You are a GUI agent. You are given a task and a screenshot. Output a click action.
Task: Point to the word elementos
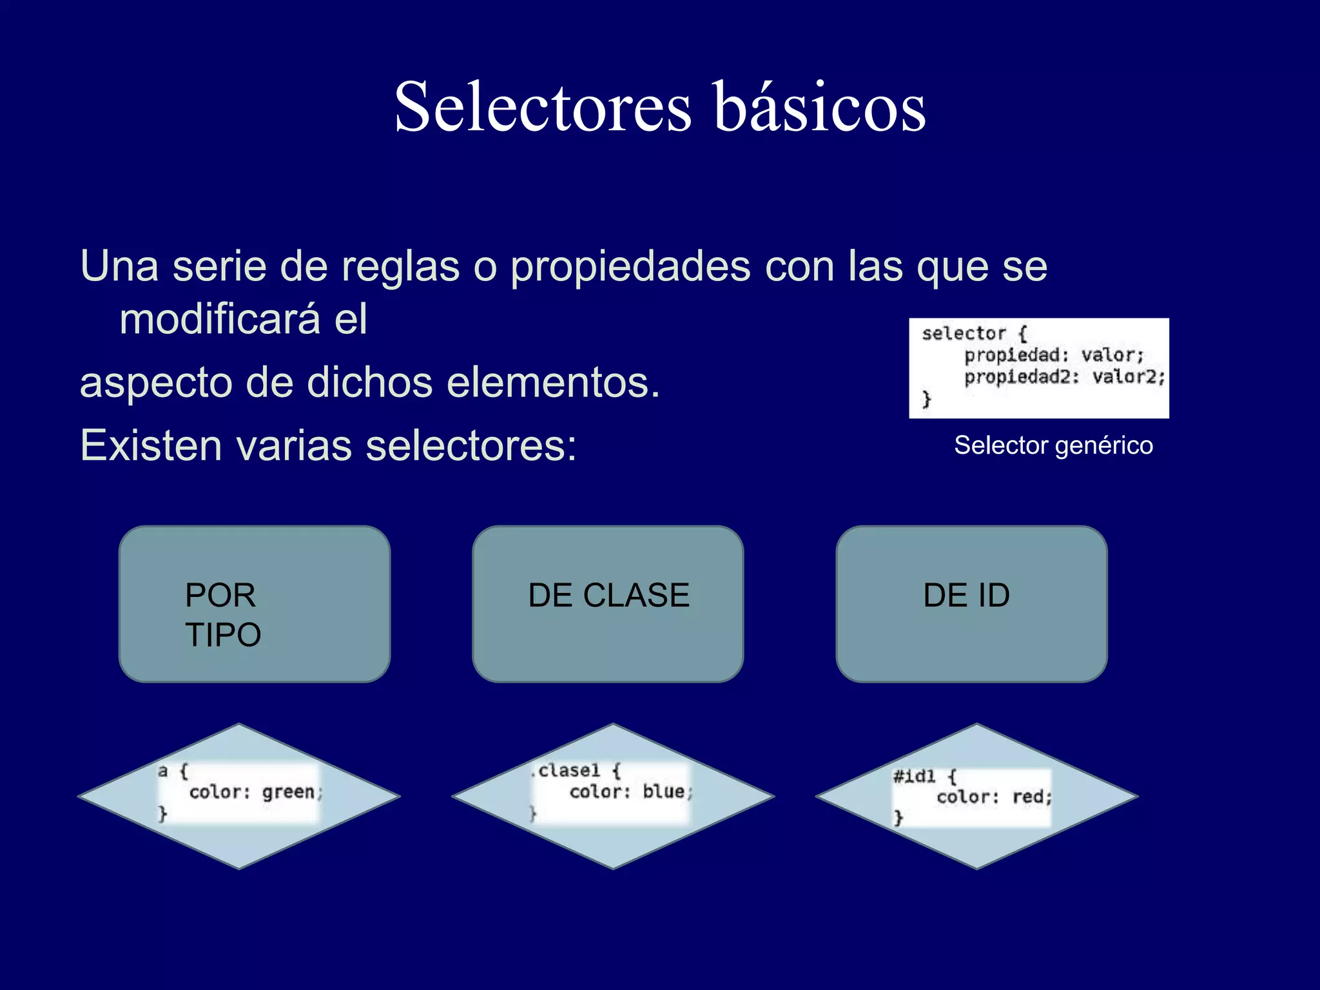coord(552,382)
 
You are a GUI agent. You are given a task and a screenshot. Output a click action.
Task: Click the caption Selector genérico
coord(1053,445)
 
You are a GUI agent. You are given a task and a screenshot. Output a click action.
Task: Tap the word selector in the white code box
coord(963,334)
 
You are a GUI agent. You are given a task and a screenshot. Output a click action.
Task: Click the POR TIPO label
coord(222,614)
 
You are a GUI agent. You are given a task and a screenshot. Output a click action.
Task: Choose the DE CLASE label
coord(608,595)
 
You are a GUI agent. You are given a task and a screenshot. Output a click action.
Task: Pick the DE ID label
coord(966,595)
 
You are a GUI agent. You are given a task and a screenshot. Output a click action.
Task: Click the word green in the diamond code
coord(288,791)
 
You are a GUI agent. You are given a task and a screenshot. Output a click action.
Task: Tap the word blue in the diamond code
coord(664,791)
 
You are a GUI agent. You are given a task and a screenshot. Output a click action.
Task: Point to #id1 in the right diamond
coord(913,776)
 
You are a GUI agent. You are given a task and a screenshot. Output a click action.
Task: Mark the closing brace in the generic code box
coord(926,399)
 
